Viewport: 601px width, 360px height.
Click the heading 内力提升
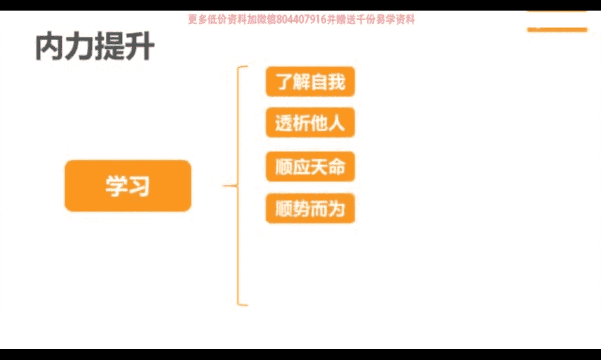click(95, 47)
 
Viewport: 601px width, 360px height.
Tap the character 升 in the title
click(140, 47)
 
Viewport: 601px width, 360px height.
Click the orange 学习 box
click(127, 186)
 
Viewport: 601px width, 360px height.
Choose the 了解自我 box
click(310, 81)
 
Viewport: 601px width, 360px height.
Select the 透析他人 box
click(310, 123)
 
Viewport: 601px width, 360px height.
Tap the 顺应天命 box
click(310, 166)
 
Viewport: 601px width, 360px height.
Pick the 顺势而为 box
click(310, 209)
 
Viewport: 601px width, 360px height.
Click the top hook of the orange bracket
click(243, 67)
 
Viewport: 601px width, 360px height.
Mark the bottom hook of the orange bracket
click(243, 304)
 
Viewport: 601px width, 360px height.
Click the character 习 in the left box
click(139, 186)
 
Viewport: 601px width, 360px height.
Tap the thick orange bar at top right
click(557, 29)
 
